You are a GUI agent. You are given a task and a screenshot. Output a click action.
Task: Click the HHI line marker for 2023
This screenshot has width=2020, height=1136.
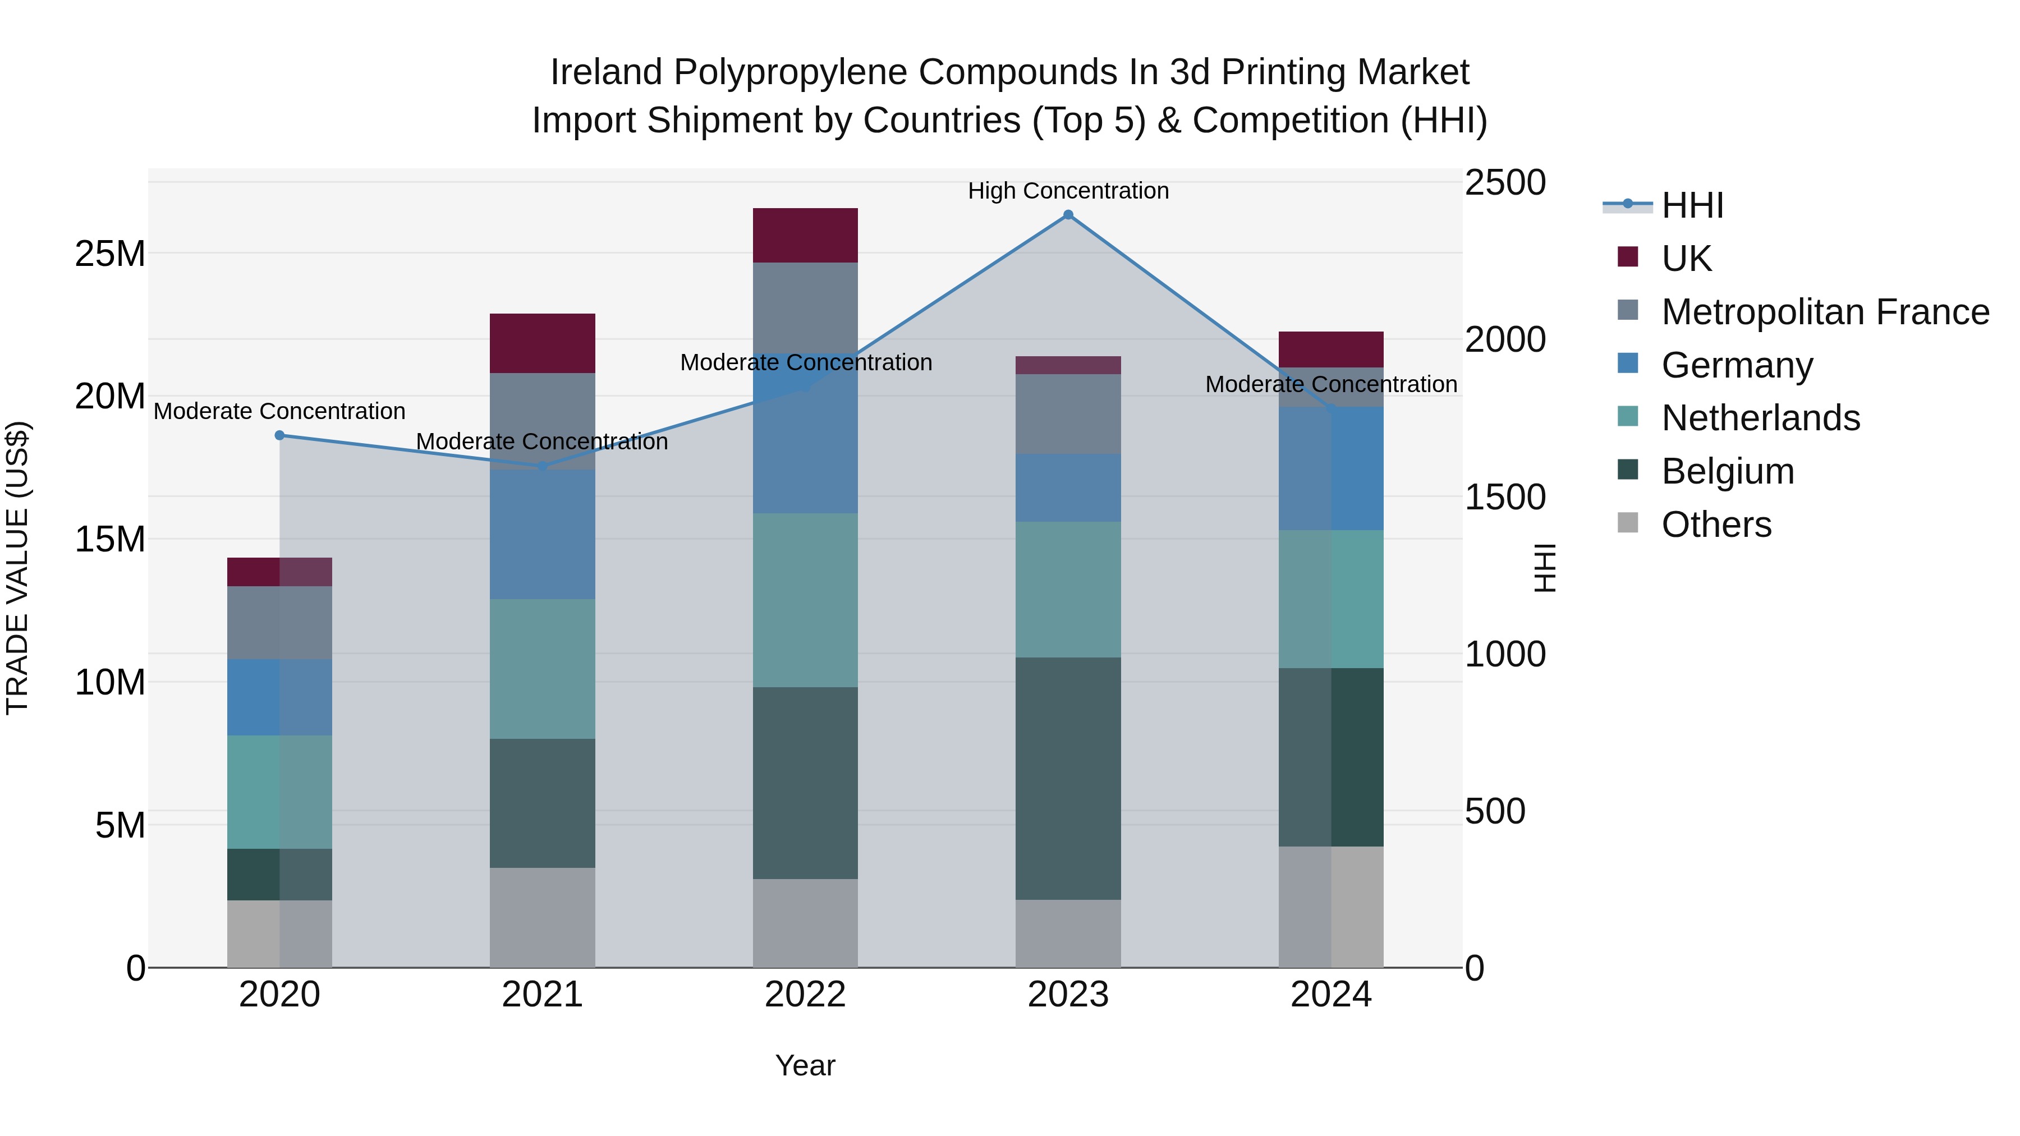[1068, 215]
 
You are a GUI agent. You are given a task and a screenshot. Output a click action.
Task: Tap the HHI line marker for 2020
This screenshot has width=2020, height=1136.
[280, 435]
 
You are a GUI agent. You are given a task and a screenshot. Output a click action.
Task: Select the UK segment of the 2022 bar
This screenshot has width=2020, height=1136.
[805, 235]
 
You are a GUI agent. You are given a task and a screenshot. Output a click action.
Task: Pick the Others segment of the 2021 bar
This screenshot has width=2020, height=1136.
[543, 917]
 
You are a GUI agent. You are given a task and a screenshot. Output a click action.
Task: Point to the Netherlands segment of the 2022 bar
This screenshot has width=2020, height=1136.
[805, 600]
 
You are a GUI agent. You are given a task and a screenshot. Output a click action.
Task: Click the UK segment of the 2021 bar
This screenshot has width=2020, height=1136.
[543, 343]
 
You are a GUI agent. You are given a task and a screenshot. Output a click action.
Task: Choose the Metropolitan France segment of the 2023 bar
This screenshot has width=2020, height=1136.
[1068, 414]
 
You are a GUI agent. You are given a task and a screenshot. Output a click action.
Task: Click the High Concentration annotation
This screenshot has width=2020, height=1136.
[1068, 191]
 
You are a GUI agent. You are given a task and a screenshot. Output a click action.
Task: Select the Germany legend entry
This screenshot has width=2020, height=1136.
[1737, 365]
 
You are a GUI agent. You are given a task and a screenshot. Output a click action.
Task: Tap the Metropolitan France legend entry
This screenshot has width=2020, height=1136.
[1825, 312]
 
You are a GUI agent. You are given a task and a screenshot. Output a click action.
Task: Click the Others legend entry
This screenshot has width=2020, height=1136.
[1716, 525]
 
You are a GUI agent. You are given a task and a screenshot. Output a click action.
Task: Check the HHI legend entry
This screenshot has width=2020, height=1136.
[1692, 205]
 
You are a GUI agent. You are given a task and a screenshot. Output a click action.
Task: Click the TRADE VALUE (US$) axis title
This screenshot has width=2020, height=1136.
[17, 568]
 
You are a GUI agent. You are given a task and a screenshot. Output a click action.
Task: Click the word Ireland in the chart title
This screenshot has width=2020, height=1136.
[607, 72]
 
